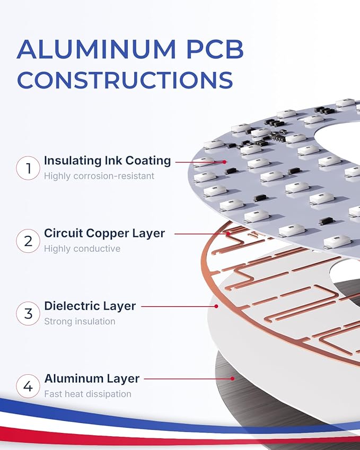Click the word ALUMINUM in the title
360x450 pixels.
pos(96,49)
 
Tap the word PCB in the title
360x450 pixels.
pos(215,49)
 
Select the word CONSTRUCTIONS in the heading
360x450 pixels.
pos(125,80)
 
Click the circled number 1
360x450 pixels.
pos(28,168)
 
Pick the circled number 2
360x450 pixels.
pos(28,241)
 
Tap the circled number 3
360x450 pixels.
pos(28,313)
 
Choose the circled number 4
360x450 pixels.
pos(28,386)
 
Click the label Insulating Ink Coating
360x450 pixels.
pos(108,161)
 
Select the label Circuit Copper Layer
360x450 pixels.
pos(104,233)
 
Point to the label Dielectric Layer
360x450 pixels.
pos(90,306)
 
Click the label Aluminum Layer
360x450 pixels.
pos(92,378)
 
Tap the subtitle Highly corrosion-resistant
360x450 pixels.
pos(99,176)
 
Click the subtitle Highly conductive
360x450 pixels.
pos(82,249)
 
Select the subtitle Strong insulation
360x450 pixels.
pos(80,321)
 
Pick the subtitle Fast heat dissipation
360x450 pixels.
pos(87,394)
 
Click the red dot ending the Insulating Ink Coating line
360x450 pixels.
pos(224,162)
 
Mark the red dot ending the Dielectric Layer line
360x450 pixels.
pos(216,306)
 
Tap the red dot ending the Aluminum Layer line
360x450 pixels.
pos(233,378)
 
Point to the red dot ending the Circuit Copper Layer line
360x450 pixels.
pos(227,234)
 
